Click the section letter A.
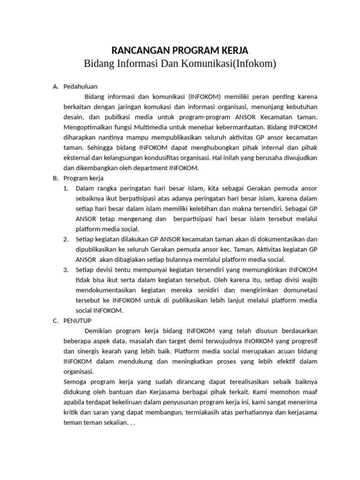click(x=55, y=86)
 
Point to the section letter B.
click(x=55, y=179)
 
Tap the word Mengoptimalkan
click(x=86, y=127)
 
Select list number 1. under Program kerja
click(x=66, y=188)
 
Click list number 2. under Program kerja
click(x=66, y=239)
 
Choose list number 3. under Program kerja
click(x=66, y=270)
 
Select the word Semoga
click(x=75, y=382)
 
